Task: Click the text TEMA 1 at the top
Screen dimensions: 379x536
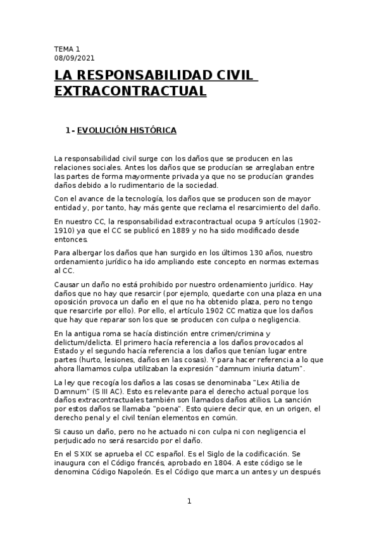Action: click(x=67, y=49)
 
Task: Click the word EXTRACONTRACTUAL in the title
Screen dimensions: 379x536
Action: click(x=130, y=92)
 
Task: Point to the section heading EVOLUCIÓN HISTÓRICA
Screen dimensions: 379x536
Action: click(x=127, y=131)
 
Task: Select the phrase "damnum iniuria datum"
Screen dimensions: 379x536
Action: click(x=251, y=368)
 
